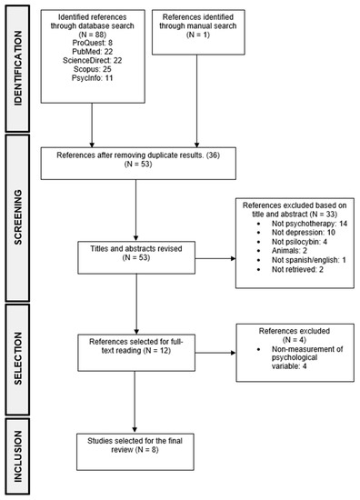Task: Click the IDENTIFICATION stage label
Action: click(18, 68)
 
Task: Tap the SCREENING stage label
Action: click(18, 217)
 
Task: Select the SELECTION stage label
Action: click(18, 358)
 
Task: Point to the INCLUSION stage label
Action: click(18, 456)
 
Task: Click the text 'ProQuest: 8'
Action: click(93, 43)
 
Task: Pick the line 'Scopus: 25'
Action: click(93, 69)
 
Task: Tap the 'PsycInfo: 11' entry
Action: click(93, 78)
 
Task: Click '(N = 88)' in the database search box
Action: click(93, 35)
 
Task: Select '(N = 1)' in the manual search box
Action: click(198, 35)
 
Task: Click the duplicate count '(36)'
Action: click(213, 155)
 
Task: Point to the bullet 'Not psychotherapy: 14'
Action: click(309, 224)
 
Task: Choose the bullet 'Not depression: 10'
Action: click(304, 233)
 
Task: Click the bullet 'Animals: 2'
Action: click(289, 251)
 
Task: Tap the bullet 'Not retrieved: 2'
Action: click(297, 269)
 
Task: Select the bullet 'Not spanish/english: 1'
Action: click(309, 260)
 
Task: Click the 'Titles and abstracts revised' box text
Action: click(136, 249)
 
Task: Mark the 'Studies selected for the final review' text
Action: click(135, 445)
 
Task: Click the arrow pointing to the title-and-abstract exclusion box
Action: click(215, 258)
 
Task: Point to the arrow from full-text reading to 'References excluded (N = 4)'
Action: click(215, 353)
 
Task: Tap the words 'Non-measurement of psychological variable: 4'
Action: click(307, 357)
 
